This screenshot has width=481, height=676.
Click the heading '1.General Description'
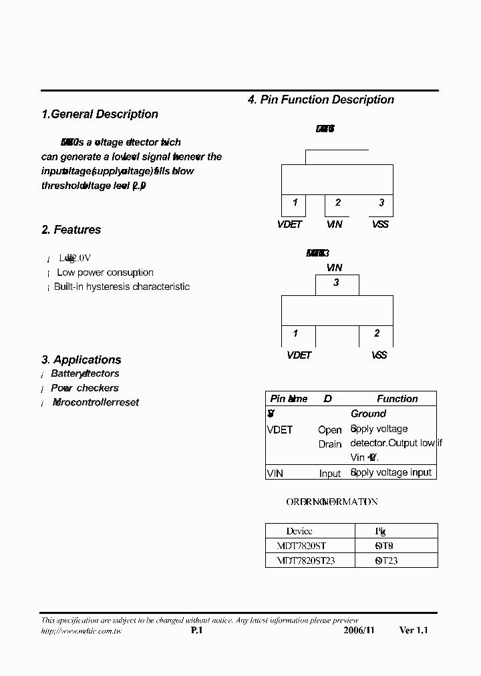[100, 114]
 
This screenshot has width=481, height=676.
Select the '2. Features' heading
[71, 230]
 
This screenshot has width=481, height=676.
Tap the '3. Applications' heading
[81, 359]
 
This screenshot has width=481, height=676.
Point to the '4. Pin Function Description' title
[321, 100]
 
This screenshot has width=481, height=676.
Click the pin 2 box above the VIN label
[338, 203]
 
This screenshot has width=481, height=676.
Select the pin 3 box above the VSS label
[381, 203]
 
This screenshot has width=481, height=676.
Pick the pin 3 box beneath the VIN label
[336, 283]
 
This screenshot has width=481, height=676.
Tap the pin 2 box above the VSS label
[377, 333]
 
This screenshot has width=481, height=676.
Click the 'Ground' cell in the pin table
[368, 414]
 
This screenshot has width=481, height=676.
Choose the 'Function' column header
[397, 399]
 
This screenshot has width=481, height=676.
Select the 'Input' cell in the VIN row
[330, 473]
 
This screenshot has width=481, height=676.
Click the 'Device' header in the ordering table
[299, 531]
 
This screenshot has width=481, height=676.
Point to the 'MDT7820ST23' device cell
[305, 560]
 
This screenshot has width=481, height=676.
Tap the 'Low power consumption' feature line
[105, 273]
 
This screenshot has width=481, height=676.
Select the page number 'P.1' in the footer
[196, 631]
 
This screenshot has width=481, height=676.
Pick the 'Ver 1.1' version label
[414, 631]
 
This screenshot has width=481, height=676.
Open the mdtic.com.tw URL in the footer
[82, 631]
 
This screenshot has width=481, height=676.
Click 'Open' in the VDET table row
[330, 430]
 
